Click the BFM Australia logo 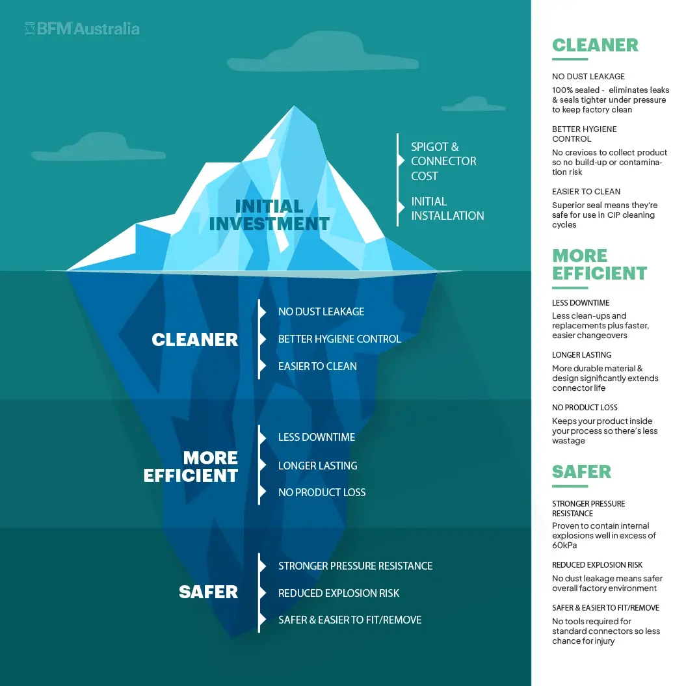(x=82, y=29)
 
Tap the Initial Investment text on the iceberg (x=269, y=215)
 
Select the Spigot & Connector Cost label (x=443, y=161)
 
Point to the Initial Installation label (x=447, y=209)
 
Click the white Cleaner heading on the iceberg (x=194, y=339)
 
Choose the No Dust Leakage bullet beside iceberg (x=321, y=311)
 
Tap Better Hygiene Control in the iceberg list (x=339, y=339)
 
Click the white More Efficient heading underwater (x=192, y=466)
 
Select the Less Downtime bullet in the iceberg (x=317, y=437)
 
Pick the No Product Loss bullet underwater (x=322, y=492)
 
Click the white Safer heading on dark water (x=208, y=592)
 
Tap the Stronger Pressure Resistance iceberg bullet (x=355, y=566)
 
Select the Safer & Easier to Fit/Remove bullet (x=350, y=620)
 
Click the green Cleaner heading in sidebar (x=595, y=45)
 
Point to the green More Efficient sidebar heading (x=599, y=264)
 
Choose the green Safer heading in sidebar (x=581, y=471)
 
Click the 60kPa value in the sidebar (x=564, y=546)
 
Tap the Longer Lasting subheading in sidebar (x=581, y=355)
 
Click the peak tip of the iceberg (x=292, y=108)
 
